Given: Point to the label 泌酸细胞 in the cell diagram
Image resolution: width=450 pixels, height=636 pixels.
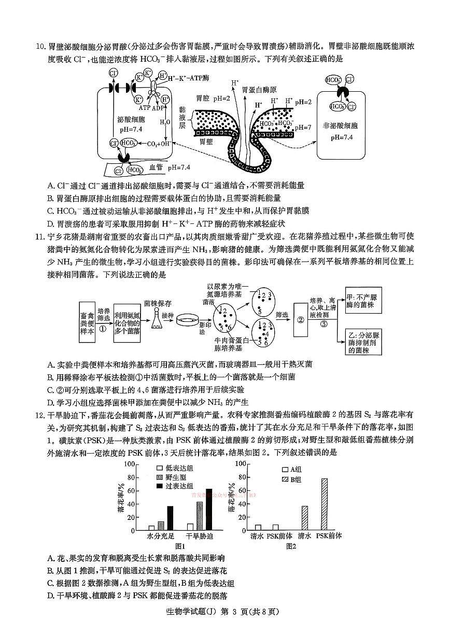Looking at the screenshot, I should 131,119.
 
